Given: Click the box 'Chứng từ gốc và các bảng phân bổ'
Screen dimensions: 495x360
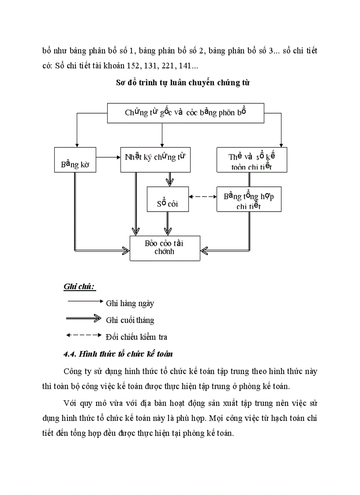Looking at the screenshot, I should point(185,113).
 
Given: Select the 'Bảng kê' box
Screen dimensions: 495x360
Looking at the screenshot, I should point(75,160).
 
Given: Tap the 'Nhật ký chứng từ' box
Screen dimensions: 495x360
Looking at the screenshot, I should point(155,160).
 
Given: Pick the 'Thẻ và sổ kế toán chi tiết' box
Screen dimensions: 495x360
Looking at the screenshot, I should point(251,160).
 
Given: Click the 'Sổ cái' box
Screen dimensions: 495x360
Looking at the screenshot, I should point(167,199).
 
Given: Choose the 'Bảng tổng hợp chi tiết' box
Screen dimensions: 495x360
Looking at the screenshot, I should point(249,199).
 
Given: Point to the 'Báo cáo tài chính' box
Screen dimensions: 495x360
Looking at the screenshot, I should point(165,248).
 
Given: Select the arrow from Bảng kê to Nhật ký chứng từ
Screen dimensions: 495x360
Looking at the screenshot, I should point(109,156).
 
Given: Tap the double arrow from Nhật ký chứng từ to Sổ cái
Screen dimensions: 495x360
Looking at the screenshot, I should point(168,179).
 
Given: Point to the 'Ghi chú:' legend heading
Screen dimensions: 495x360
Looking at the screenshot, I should point(79,287).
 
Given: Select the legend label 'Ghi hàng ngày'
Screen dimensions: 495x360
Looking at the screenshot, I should point(130,303).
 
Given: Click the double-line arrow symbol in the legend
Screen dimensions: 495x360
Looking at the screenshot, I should point(84,318).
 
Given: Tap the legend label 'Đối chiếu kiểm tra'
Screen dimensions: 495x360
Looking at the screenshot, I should point(137,337).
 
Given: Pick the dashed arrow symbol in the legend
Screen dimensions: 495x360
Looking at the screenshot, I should point(84,335).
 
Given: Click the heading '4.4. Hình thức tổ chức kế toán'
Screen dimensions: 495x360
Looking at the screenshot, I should point(118,354).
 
